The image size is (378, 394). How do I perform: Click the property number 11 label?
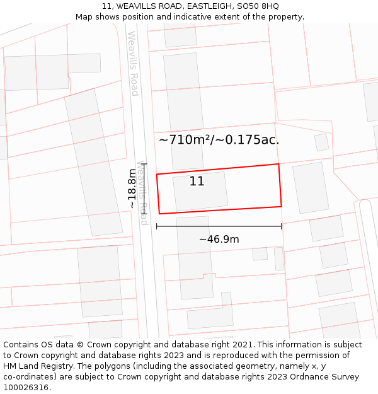[197, 181]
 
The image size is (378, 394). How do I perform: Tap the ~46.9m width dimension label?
[219, 240]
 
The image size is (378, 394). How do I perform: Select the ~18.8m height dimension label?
[131, 188]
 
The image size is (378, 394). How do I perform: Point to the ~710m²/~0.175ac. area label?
[219, 140]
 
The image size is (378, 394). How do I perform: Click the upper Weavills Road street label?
[133, 63]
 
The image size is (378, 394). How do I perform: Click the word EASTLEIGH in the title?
[205, 6]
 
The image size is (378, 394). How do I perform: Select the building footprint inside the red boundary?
[200, 191]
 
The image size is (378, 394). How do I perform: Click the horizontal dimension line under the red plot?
[219, 226]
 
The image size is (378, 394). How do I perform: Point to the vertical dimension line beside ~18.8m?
[144, 190]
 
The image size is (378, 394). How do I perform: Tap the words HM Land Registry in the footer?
[40, 366]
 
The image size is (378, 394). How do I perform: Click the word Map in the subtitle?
[84, 16]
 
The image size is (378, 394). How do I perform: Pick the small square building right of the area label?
[322, 142]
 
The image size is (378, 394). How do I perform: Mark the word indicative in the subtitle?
[185, 16]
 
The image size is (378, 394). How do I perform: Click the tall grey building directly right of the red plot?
[311, 188]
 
